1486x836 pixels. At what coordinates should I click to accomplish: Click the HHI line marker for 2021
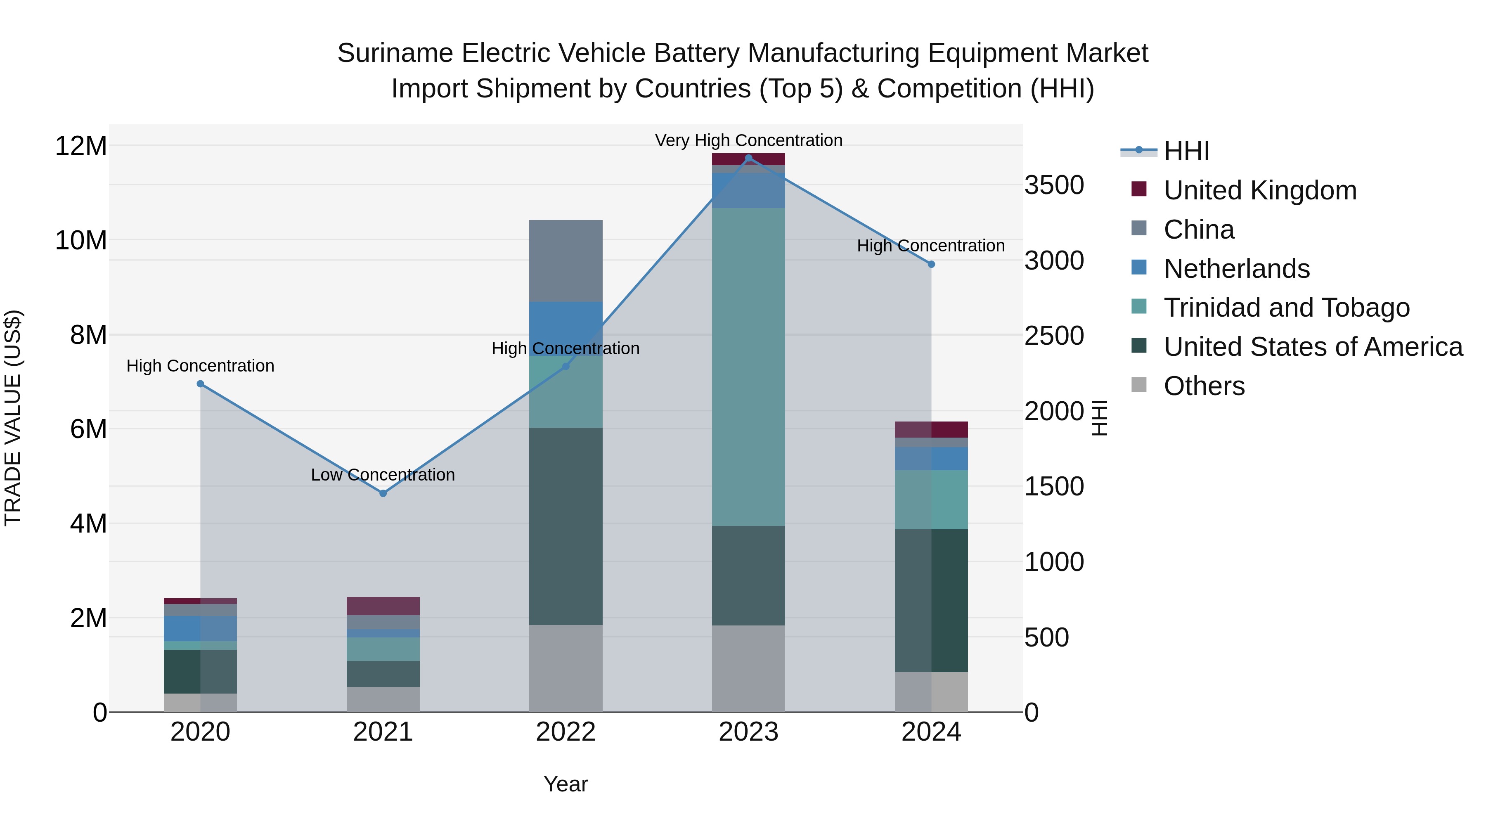click(x=383, y=493)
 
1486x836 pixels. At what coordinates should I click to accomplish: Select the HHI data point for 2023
click(x=748, y=158)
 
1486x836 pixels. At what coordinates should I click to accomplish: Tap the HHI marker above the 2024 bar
click(x=931, y=264)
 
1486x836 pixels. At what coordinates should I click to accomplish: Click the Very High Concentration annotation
click(x=748, y=140)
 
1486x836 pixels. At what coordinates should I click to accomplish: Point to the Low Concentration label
click(x=383, y=475)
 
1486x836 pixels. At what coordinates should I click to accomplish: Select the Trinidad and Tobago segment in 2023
click(x=748, y=366)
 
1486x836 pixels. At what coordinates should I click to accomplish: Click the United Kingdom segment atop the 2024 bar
click(x=931, y=429)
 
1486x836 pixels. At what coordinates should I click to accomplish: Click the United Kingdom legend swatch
click(x=1139, y=189)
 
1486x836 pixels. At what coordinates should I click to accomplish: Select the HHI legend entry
click(x=1186, y=151)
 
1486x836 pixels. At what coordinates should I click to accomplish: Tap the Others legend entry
click(x=1204, y=386)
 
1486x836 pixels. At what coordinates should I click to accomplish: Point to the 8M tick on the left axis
click(x=88, y=335)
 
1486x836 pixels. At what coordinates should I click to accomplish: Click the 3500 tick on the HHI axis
click(x=1054, y=186)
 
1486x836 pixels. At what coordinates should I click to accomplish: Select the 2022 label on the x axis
click(x=566, y=732)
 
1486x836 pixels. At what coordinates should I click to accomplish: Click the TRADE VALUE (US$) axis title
click(x=13, y=418)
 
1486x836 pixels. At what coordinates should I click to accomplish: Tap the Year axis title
click(x=566, y=784)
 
